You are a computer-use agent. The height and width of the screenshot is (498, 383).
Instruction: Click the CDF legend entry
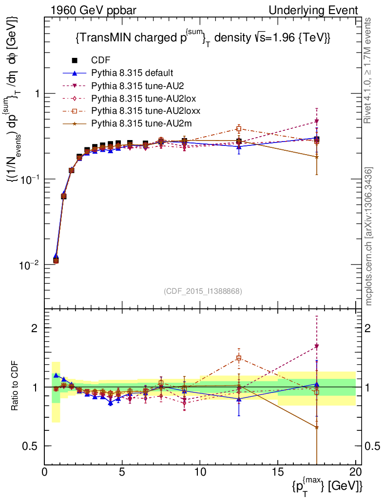click(101, 60)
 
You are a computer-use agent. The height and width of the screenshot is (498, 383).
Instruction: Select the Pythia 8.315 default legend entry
click(132, 73)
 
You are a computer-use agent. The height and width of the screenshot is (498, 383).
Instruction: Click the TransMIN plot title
click(203, 38)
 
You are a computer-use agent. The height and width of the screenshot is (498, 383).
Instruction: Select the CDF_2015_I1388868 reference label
click(203, 291)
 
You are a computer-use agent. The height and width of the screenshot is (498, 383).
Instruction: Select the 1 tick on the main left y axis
click(35, 93)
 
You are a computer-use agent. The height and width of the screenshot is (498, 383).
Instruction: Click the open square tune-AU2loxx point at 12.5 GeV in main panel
click(239, 128)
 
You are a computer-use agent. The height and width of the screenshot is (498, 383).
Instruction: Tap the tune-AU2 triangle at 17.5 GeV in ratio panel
click(317, 346)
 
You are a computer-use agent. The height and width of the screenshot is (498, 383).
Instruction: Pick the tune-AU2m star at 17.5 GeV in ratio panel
click(317, 427)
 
